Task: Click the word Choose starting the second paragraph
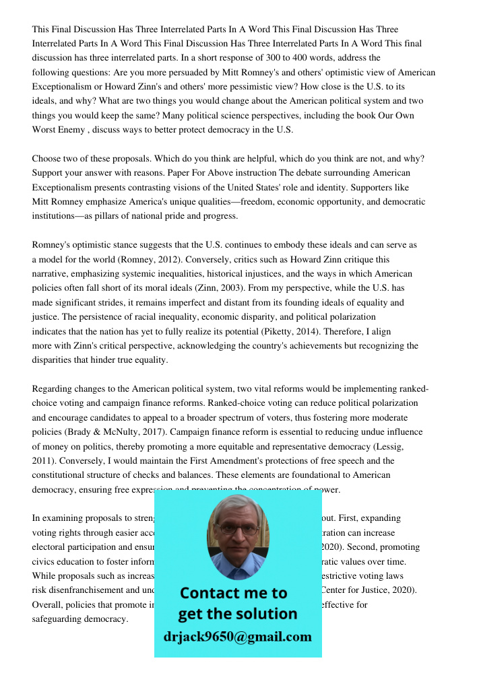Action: [x=46, y=159]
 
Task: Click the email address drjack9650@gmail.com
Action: [x=238, y=637]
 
